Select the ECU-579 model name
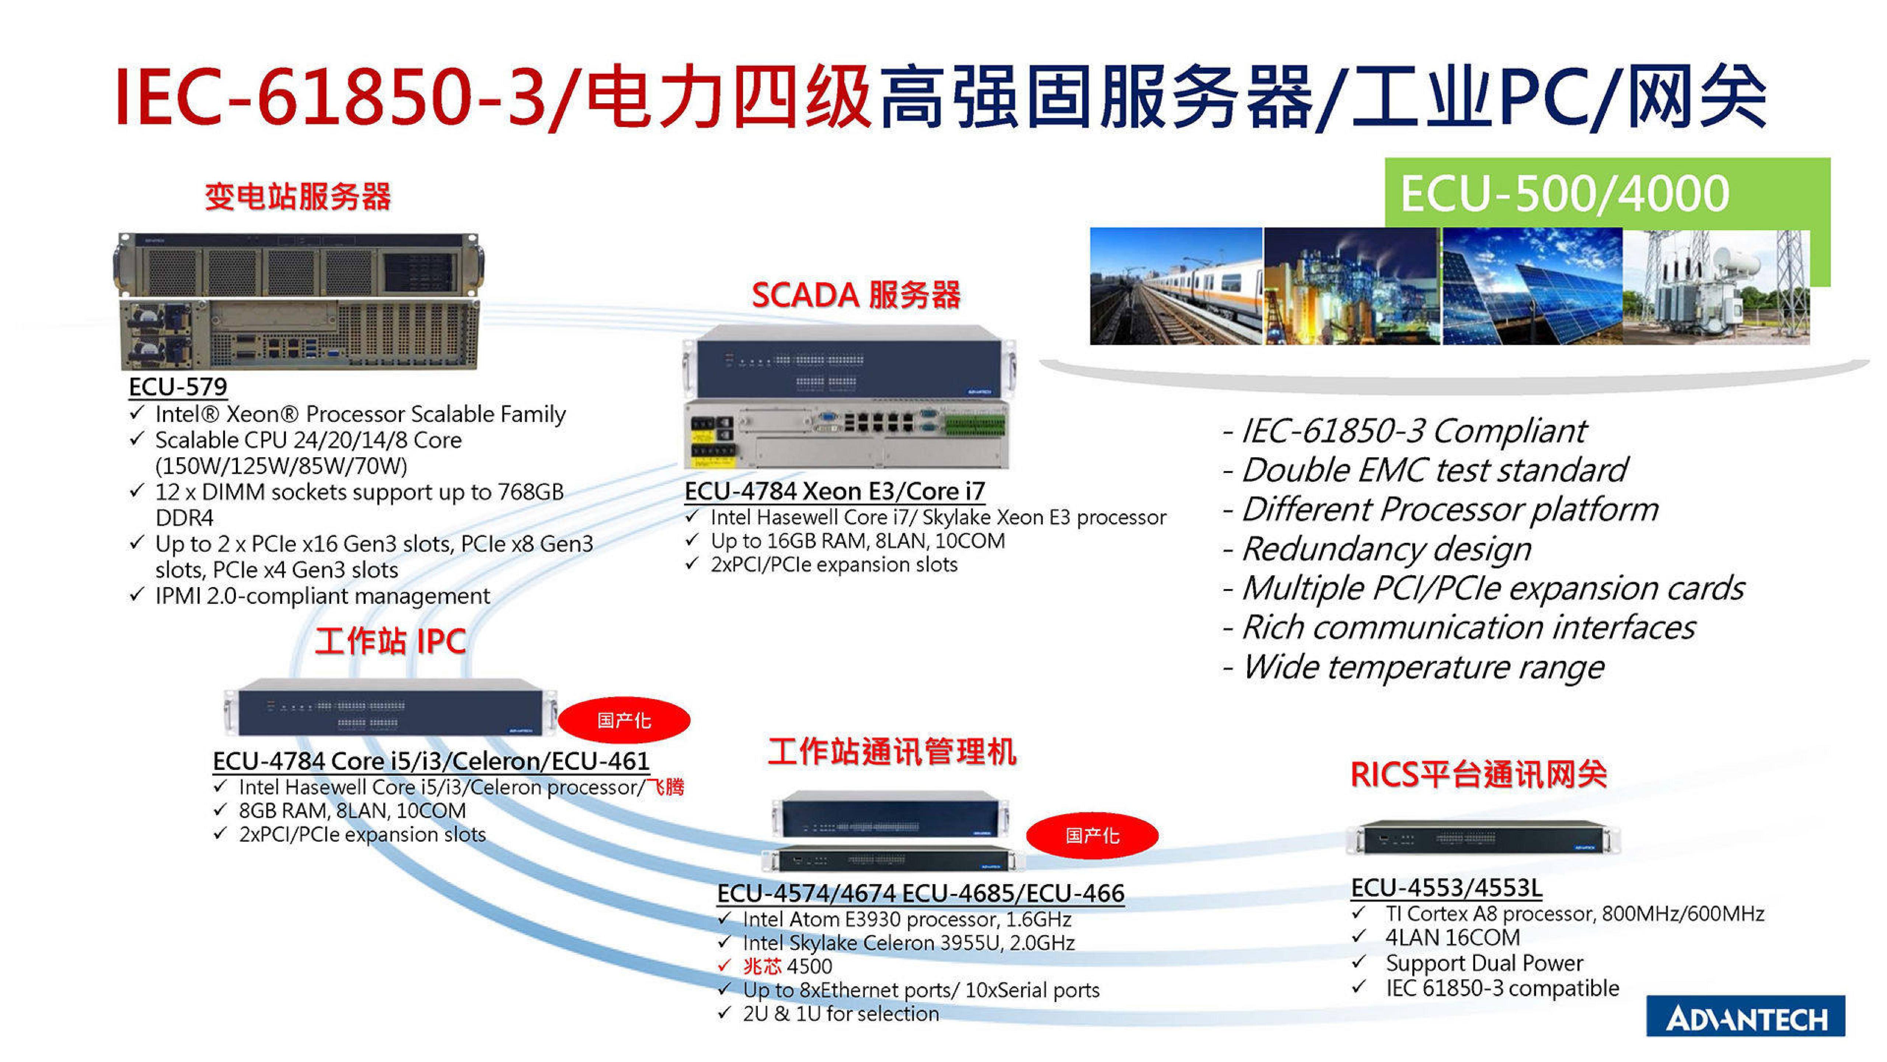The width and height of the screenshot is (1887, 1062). coord(178,386)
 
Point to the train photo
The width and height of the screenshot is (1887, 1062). coord(1176,286)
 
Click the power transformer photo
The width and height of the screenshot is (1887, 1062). coord(1716,286)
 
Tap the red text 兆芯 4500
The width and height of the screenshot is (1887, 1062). coord(788,966)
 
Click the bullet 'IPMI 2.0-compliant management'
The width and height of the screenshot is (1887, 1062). coord(322,596)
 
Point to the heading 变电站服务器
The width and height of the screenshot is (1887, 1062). coord(297,197)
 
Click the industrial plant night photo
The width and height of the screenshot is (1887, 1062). coord(1351,286)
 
